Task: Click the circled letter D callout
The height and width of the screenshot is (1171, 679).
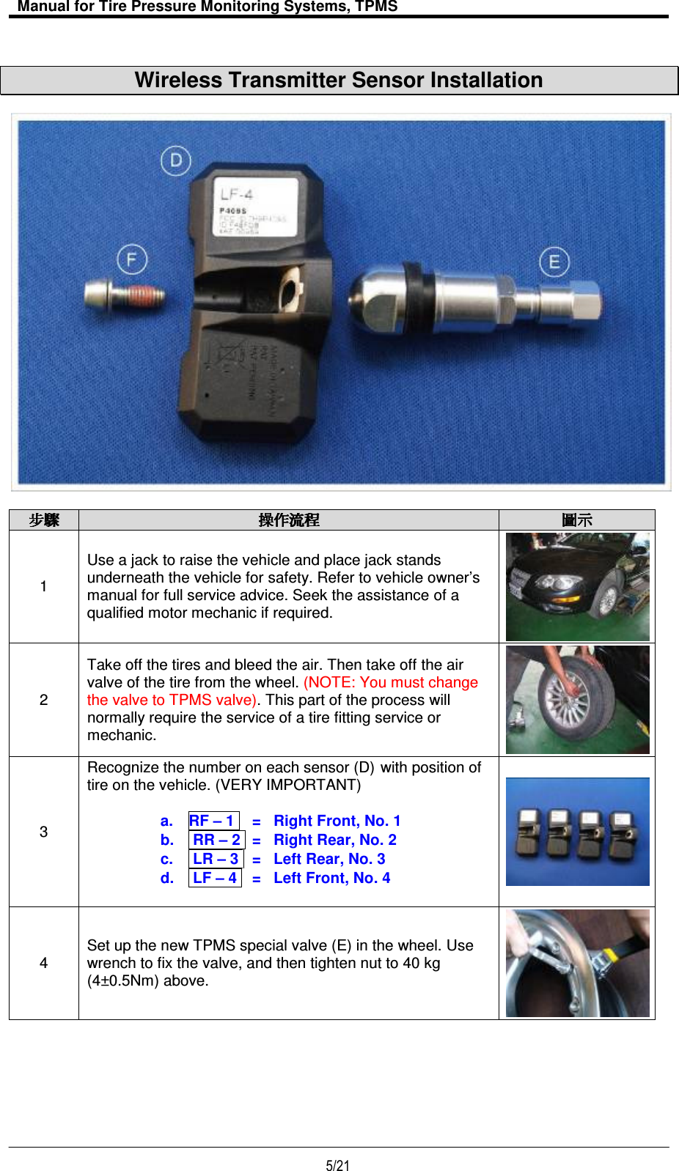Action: (x=176, y=161)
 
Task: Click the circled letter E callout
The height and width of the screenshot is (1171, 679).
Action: (x=554, y=262)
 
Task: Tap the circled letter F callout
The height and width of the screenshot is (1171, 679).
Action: (x=132, y=259)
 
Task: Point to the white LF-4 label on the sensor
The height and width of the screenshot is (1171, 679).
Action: (x=256, y=207)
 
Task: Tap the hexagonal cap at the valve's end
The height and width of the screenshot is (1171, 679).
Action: (x=583, y=300)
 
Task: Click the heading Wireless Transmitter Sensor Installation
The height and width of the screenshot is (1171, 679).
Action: (x=339, y=81)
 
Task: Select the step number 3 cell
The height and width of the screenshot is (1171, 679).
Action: (x=44, y=832)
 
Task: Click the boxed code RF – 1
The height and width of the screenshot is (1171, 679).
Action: (x=213, y=821)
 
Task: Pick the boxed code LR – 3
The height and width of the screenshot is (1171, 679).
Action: (x=216, y=859)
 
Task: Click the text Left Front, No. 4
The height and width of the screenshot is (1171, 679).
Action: (x=331, y=878)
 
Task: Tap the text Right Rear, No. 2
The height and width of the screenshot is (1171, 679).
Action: (x=334, y=840)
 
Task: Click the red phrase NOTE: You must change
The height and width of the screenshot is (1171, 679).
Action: (x=391, y=682)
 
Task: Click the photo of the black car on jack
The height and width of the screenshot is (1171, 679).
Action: (x=577, y=587)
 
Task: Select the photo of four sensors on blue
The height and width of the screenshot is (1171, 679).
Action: (x=577, y=832)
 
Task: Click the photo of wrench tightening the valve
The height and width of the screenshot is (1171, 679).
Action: (x=577, y=963)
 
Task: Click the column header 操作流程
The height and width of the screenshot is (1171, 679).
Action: (x=289, y=520)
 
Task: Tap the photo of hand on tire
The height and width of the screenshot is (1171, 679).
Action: (x=577, y=700)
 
